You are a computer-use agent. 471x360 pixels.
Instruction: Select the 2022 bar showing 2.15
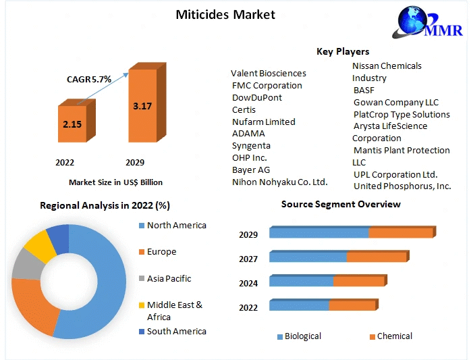72,124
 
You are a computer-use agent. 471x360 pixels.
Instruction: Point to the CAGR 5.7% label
88,79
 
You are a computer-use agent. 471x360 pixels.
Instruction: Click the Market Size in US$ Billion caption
115,182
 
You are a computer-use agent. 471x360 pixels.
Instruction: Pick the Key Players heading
343,51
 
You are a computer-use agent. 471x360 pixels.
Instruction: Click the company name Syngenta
251,145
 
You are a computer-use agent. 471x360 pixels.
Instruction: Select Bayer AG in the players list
251,170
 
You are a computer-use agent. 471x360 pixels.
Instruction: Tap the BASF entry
364,90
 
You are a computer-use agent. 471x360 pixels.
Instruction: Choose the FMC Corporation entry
267,86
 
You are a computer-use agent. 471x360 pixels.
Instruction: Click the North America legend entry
176,226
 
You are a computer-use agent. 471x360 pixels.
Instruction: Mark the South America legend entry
176,331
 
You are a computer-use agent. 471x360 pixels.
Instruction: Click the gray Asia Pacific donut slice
26,263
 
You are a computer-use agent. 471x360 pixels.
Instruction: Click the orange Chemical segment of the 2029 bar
401,233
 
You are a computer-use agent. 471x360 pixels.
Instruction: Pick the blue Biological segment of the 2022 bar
299,305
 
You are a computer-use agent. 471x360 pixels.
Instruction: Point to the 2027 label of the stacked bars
248,259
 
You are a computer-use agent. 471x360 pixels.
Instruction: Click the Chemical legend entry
394,336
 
